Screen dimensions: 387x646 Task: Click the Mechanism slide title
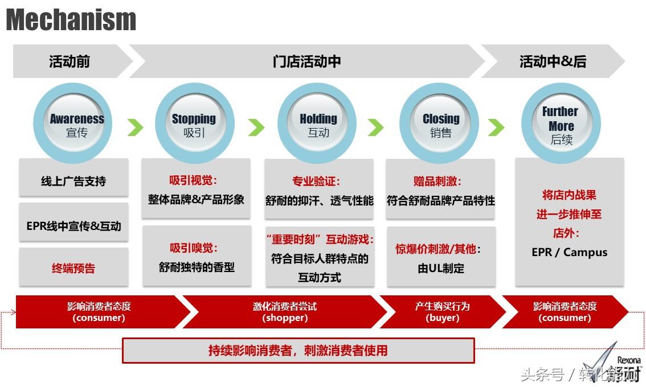tap(71, 20)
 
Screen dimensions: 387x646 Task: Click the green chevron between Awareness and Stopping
tap(135, 127)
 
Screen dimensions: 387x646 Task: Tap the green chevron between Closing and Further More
tap(497, 127)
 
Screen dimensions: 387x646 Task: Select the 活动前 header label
tap(69, 61)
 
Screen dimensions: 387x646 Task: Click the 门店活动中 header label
tap(307, 61)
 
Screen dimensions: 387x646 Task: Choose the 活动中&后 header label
tap(553, 61)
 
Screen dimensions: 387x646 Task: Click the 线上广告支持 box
tap(73, 182)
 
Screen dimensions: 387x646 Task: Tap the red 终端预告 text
tap(73, 268)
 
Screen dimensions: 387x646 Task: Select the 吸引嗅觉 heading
tap(194, 248)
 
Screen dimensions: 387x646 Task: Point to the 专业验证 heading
tap(316, 182)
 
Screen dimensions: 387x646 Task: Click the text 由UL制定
tap(440, 268)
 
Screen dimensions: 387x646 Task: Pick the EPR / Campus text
tap(569, 252)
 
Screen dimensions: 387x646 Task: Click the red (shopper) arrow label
tap(285, 318)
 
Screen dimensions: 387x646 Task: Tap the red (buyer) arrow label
tap(442, 318)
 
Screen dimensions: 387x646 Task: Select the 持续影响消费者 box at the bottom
tap(298, 351)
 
